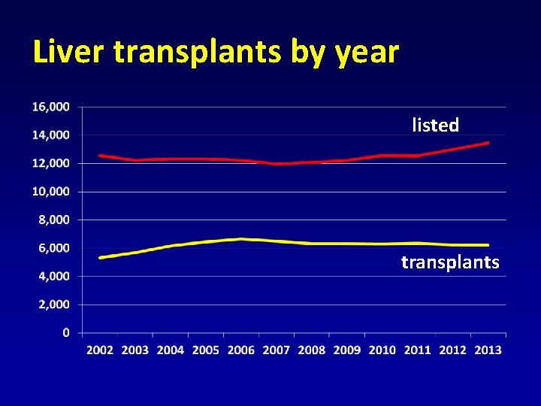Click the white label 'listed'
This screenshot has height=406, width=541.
click(435, 126)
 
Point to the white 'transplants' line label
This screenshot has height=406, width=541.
click(449, 262)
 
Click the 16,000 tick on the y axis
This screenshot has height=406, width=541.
click(51, 107)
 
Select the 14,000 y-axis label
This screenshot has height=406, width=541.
click(51, 135)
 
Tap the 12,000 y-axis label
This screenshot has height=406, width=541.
click(51, 163)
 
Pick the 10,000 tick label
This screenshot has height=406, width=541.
click(51, 192)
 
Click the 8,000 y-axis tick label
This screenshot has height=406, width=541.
click(54, 220)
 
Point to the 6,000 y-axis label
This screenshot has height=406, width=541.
click(54, 248)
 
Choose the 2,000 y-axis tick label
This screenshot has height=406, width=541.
click(54, 304)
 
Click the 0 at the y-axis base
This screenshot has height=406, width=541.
click(67, 332)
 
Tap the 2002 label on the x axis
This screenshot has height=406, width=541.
click(100, 350)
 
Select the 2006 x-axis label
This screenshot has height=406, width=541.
click(241, 350)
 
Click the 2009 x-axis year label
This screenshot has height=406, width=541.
click(347, 350)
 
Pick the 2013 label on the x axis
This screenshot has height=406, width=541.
click(488, 350)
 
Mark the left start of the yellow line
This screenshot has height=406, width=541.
click(101, 257)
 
